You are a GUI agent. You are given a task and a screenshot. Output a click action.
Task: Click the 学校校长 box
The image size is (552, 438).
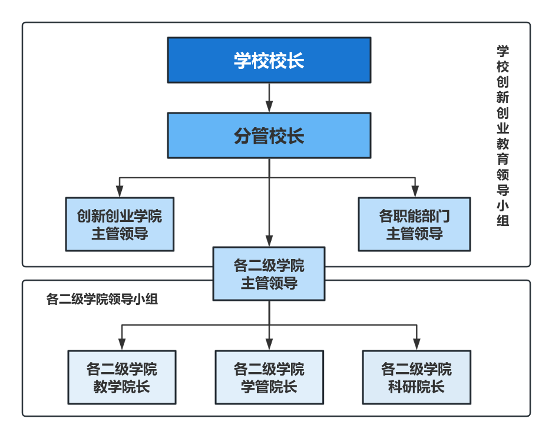point(269,60)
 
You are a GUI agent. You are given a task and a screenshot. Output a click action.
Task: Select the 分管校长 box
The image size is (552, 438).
point(269,135)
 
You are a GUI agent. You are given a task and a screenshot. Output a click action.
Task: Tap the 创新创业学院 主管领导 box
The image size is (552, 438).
point(120,224)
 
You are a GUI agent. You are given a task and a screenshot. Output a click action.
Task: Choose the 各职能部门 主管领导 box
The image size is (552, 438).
point(414,224)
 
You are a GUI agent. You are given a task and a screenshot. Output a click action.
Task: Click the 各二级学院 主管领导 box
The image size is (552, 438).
point(269,274)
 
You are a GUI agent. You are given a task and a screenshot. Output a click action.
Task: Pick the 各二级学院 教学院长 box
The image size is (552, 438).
point(122,377)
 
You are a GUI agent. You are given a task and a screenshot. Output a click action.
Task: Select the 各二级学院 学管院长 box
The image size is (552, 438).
point(269,377)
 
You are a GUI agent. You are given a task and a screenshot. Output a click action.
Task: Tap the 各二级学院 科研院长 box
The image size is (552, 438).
point(417,377)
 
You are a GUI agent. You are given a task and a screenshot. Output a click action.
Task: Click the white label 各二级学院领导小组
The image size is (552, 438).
point(102,299)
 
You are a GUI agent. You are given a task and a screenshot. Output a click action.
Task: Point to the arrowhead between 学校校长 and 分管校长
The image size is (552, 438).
point(269,106)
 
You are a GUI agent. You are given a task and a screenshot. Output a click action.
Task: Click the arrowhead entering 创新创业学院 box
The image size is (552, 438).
point(120,191)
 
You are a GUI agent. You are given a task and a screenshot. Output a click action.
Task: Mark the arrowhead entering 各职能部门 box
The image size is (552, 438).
point(415,191)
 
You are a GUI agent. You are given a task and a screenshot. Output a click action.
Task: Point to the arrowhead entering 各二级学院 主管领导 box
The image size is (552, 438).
point(269,240)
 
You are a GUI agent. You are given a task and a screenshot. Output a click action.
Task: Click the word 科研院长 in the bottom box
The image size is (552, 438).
point(417,387)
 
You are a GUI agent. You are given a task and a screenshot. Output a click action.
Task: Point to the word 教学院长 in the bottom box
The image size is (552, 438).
point(122,387)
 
